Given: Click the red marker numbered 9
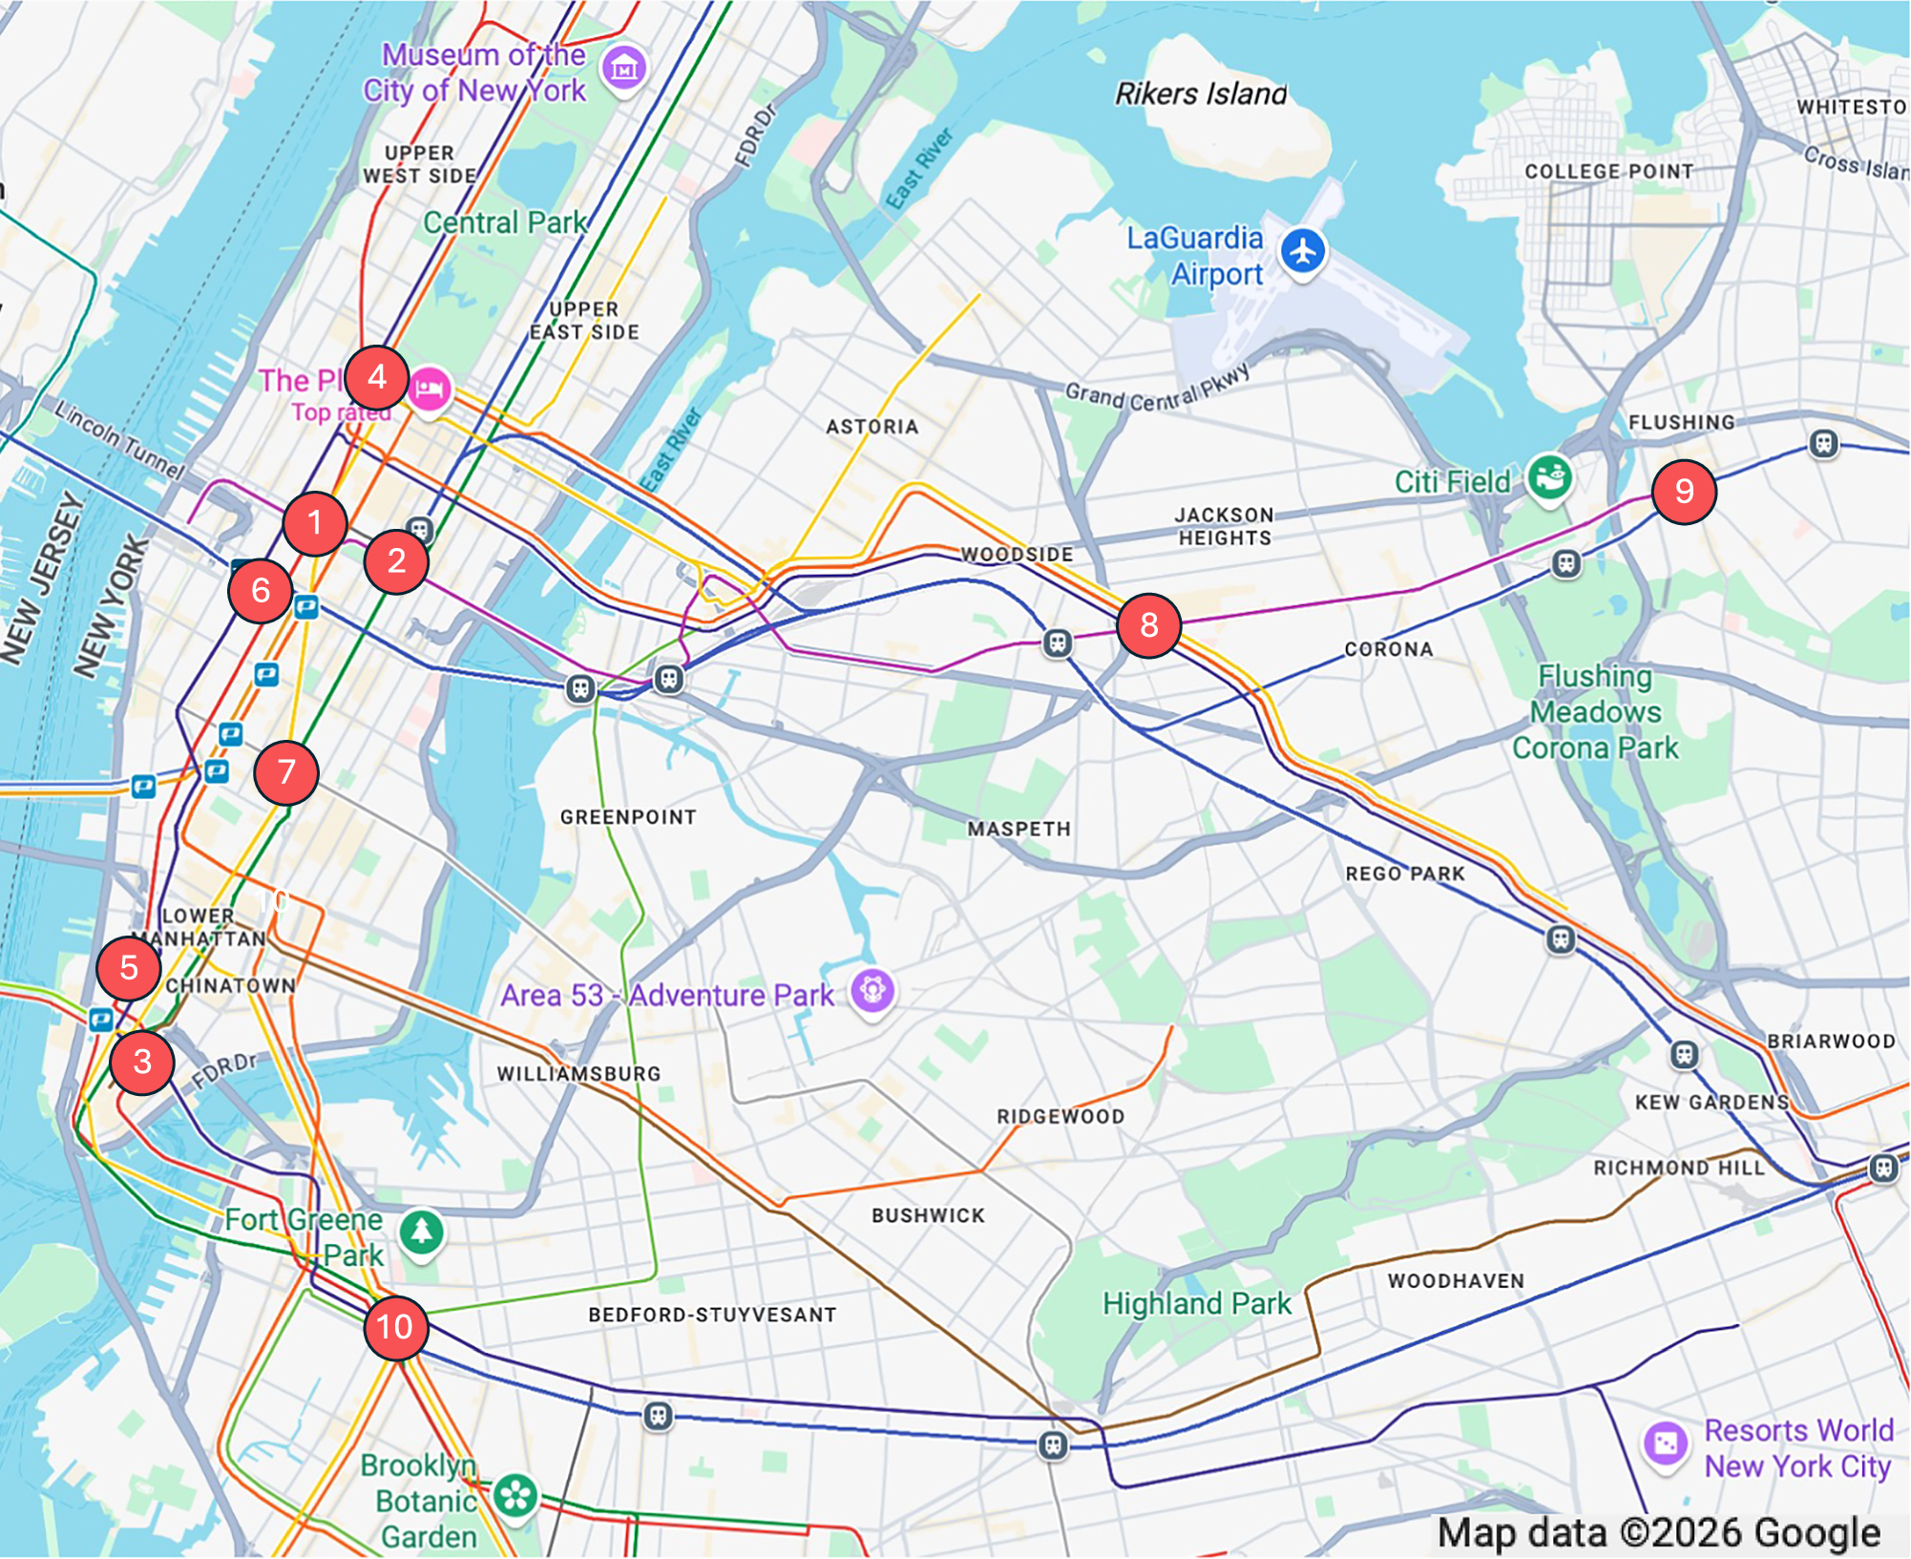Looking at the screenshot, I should [1684, 492].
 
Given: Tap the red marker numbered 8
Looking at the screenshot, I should [1148, 625].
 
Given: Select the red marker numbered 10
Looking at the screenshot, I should [395, 1327].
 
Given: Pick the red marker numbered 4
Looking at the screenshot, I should [377, 377].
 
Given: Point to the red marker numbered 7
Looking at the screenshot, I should [286, 771].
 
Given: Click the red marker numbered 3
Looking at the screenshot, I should [142, 1062].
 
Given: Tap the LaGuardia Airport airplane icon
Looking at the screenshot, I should [1303, 252].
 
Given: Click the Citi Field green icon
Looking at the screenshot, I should [1548, 476].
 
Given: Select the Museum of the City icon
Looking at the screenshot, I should [624, 68].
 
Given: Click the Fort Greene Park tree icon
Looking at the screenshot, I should [421, 1231].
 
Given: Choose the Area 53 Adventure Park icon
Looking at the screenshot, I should [871, 990].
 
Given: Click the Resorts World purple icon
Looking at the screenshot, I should [1666, 1443].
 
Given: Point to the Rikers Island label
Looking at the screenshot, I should [1201, 94].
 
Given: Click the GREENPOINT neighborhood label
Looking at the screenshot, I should [628, 817].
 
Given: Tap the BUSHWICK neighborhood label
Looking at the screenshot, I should [928, 1215].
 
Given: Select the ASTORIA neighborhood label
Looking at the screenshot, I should [871, 427].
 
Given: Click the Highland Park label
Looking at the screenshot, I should [1196, 1303].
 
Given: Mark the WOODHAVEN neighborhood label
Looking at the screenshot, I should [1456, 1281].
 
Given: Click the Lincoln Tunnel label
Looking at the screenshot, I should [119, 439].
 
